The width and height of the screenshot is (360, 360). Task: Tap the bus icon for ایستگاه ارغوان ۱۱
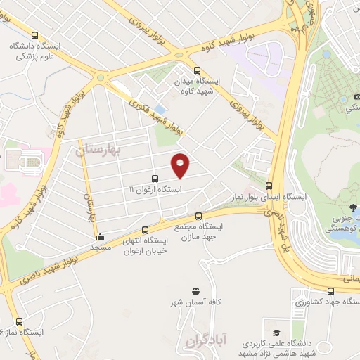(x=155, y=179)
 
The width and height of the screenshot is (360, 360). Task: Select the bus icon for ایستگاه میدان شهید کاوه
(x=197, y=70)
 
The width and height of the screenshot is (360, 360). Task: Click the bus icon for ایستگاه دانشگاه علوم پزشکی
(x=34, y=34)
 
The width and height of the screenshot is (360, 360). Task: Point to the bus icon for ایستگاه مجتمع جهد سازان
(x=198, y=216)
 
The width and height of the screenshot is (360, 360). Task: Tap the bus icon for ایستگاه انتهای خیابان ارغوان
(x=146, y=230)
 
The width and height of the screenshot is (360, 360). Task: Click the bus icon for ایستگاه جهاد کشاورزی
(x=331, y=290)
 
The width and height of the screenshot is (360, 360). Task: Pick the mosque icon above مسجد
(x=101, y=237)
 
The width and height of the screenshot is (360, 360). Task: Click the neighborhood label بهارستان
(x=98, y=150)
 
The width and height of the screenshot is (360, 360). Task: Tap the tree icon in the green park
(x=351, y=207)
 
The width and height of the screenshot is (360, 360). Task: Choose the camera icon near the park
(x=349, y=96)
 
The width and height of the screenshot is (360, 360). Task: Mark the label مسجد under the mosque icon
(x=101, y=247)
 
